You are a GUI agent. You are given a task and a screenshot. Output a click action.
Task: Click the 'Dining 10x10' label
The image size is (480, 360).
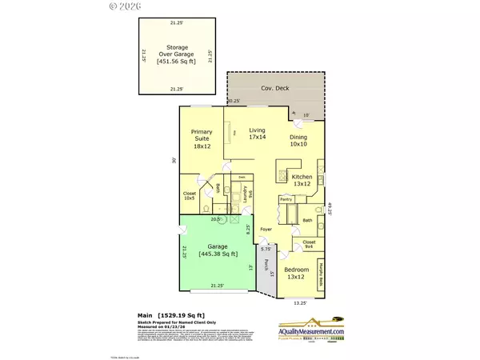298,141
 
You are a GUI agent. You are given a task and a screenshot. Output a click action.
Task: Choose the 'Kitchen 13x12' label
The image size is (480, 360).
302,179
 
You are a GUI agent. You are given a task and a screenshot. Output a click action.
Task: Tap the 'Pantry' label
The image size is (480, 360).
284,198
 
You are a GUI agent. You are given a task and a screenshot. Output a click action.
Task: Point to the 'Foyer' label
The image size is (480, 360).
266,230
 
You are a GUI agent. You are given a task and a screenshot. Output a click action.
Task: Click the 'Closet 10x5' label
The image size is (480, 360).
190,194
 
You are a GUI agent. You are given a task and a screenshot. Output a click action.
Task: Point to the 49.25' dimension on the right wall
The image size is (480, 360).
329,208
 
